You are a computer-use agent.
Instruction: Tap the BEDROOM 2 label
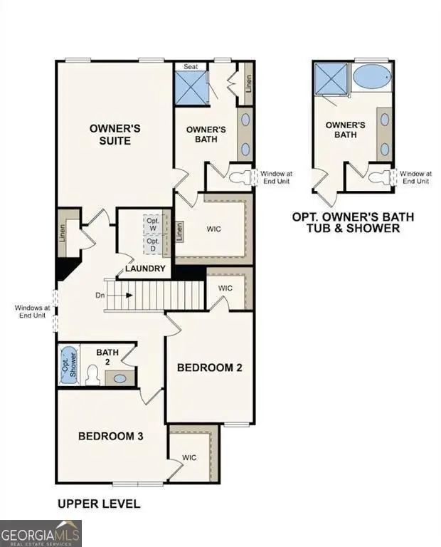point(210,368)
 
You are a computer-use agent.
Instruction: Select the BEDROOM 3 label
point(111,436)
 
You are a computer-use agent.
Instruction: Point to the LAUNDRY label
point(145,269)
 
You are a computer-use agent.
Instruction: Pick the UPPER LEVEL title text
point(98,504)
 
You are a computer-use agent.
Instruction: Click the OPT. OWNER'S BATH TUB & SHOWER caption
point(353,222)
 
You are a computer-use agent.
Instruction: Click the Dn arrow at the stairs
point(114,294)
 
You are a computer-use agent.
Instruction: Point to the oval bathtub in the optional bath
point(371,77)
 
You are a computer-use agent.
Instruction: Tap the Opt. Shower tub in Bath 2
point(68,364)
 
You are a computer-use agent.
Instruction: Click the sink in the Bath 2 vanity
point(120,378)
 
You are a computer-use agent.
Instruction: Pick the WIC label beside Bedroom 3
point(189,457)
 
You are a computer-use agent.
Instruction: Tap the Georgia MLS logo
point(41,533)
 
